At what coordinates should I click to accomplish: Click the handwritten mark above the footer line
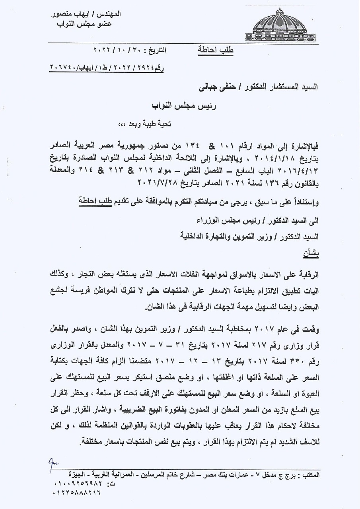click(x=53, y=462)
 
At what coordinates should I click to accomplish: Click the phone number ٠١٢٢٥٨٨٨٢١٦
click(x=76, y=493)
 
